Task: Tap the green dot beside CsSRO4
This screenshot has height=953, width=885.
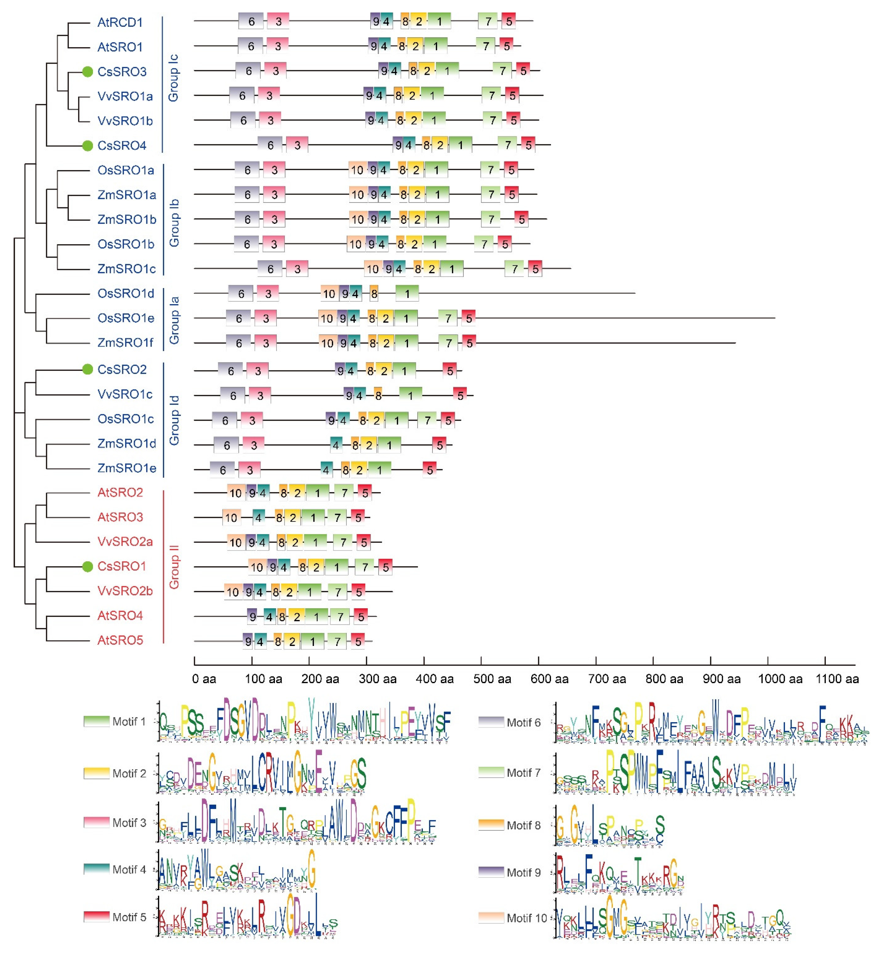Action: (87, 146)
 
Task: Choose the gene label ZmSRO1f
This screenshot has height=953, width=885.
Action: (125, 343)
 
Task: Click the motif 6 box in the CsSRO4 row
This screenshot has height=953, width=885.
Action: (270, 145)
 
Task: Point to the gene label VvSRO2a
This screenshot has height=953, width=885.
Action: (125, 542)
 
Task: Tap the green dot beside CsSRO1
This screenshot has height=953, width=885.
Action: (87, 567)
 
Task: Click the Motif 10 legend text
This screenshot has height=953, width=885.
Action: (527, 918)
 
